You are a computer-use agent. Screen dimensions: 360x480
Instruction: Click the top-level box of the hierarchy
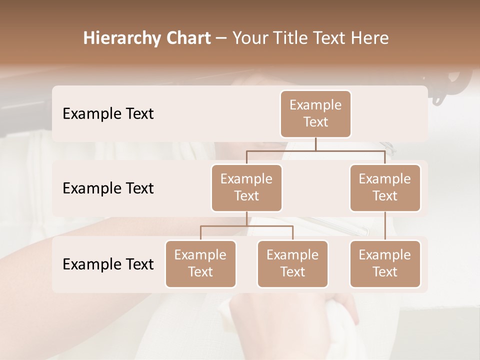(x=315, y=114)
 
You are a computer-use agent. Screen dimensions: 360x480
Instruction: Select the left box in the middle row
(x=246, y=187)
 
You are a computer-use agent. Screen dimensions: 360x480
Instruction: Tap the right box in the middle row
(x=385, y=187)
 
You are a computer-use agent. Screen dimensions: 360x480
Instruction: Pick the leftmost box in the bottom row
(x=200, y=263)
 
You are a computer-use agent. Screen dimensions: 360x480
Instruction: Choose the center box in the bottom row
(x=292, y=263)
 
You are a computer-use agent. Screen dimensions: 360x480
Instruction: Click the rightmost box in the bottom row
(x=385, y=263)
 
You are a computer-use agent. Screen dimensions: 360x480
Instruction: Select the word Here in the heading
(x=370, y=38)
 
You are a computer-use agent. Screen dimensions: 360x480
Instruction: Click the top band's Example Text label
(x=108, y=114)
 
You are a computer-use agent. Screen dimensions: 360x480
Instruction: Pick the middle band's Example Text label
(x=108, y=188)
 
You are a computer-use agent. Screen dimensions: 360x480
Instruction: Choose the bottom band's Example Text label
(x=108, y=264)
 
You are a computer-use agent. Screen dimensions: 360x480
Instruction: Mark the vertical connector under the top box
(x=315, y=144)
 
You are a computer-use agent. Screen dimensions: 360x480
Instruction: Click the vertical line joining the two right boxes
(x=385, y=226)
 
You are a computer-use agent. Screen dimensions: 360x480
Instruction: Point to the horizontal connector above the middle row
(x=315, y=150)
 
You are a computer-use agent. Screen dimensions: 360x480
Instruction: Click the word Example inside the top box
(x=315, y=105)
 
